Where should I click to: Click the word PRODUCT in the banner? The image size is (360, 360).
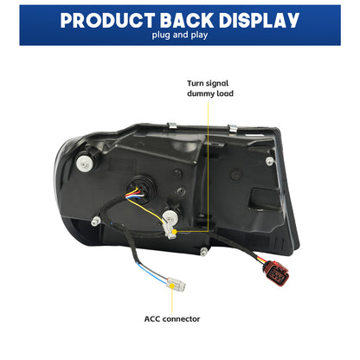[x=107, y=20]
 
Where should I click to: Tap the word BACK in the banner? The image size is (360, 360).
[x=187, y=20]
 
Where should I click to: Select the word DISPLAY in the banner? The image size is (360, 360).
[x=259, y=20]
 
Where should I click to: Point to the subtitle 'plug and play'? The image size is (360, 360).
[x=180, y=35]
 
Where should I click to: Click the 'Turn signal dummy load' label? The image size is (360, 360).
[x=210, y=88]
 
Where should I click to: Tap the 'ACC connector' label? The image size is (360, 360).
[x=172, y=319]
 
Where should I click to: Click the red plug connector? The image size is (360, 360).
[x=275, y=273]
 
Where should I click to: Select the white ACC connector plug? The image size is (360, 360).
[x=177, y=284]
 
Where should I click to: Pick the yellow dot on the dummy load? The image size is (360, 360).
[x=174, y=232]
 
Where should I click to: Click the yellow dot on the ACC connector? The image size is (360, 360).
[x=172, y=286]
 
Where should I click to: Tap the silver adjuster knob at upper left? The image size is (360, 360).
[x=85, y=164]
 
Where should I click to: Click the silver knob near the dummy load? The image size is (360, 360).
[x=170, y=215]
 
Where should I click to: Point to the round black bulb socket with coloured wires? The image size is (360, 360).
[x=141, y=188]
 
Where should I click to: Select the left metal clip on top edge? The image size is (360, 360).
[x=172, y=126]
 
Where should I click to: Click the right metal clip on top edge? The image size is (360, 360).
[x=233, y=128]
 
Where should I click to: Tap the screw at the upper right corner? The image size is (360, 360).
[x=269, y=161]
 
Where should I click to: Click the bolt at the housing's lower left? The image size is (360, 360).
[x=95, y=222]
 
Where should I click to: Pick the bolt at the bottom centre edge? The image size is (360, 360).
[x=204, y=252]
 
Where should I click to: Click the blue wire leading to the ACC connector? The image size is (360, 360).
[x=151, y=273]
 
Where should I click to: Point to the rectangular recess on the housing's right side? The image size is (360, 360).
[x=266, y=198]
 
